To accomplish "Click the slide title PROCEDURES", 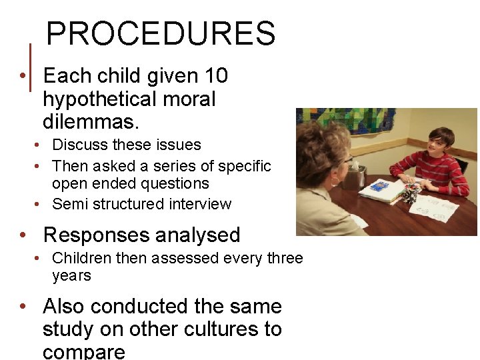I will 161,33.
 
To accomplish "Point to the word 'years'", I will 71,275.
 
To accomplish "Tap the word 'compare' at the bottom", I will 83,351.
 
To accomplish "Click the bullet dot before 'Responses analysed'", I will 23,235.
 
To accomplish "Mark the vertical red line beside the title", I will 31,67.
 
